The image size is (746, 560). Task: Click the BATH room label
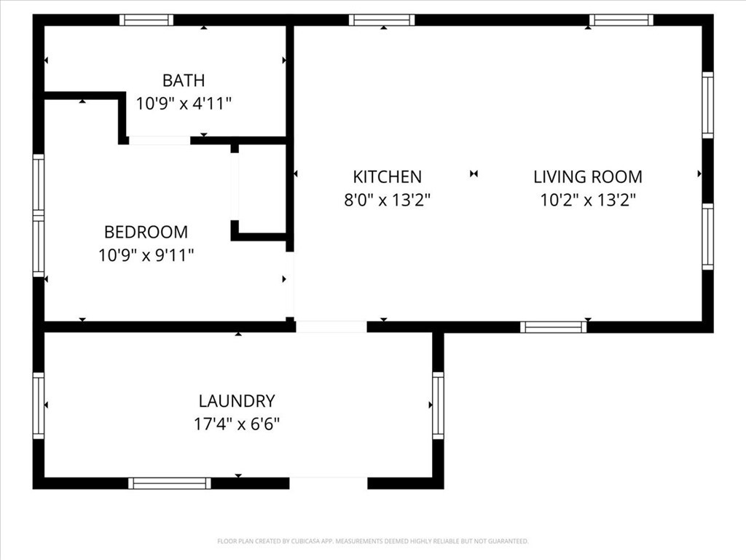(184, 80)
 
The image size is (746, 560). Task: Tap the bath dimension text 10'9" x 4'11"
(184, 103)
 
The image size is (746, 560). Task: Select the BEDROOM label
(146, 232)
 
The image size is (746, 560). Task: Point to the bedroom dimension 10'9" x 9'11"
(146, 254)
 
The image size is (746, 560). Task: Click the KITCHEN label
(387, 176)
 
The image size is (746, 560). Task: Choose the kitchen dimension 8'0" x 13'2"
(387, 199)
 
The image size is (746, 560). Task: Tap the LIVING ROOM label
(588, 176)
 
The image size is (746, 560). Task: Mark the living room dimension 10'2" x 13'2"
(588, 199)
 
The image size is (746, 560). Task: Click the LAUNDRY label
(237, 401)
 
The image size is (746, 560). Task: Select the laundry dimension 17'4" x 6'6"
(237, 424)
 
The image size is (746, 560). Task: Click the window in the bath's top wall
(146, 20)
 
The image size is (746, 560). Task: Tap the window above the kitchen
(382, 20)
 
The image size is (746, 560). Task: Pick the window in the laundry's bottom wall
(170, 483)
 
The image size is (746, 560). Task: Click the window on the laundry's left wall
(39, 405)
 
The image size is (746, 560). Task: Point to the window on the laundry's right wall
(438, 405)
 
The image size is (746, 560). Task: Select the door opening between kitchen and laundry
(331, 327)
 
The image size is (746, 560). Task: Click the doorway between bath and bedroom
(160, 140)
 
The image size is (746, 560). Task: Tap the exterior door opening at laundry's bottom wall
(329, 483)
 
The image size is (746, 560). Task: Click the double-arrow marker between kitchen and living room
(474, 174)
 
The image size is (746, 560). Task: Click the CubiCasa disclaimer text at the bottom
(372, 541)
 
